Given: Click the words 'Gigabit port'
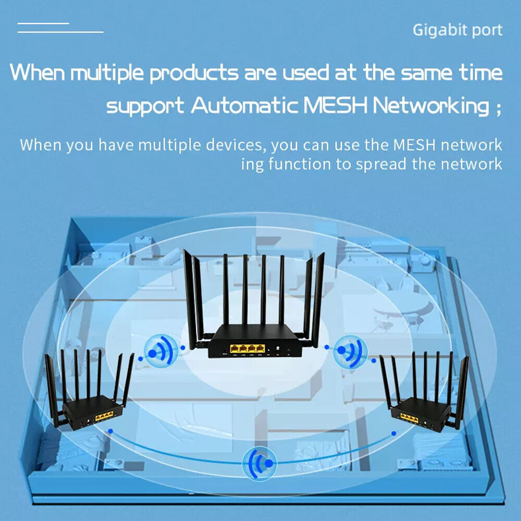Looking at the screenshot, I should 457,30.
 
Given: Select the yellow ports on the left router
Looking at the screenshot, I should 104,416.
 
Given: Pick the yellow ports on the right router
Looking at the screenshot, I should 410,416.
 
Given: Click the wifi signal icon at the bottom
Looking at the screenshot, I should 259,463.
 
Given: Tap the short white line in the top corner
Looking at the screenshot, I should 43,23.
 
